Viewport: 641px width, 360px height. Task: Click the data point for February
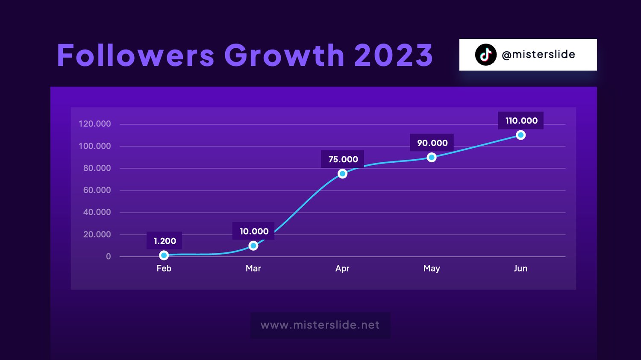[164, 255]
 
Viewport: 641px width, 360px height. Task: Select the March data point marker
[253, 246]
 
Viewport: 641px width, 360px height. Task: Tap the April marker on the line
[343, 173]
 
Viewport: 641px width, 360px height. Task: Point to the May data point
[432, 157]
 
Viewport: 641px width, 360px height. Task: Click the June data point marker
[521, 135]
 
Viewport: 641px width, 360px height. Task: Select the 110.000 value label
[521, 121]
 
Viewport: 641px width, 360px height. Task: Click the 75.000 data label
[343, 159]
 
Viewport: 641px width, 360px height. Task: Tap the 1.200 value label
[165, 241]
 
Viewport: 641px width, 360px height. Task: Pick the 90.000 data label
[432, 143]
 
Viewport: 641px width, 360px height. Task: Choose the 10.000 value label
[254, 231]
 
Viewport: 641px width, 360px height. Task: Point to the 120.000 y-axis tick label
[95, 124]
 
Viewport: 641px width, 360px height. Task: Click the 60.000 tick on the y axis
[97, 190]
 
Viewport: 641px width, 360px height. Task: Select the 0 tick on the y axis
[108, 257]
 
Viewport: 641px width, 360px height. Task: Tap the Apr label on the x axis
[342, 269]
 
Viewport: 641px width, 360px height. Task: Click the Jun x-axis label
[520, 269]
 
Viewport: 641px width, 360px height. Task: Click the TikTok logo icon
[485, 55]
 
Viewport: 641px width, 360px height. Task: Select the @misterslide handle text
[538, 55]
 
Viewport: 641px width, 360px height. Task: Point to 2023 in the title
[394, 55]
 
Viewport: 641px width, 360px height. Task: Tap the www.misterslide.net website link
[320, 325]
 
